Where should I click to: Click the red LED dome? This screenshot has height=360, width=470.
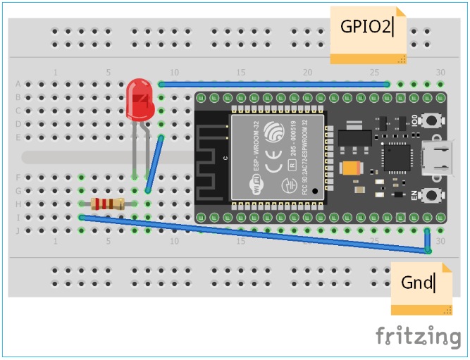(139, 99)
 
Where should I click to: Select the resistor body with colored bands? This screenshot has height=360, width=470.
(108, 204)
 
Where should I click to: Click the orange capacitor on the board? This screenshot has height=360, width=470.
(350, 168)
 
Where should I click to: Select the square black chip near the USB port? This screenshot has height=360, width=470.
(395, 157)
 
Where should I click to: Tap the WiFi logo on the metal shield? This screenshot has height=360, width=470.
(256, 185)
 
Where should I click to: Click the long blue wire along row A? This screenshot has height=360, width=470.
(275, 85)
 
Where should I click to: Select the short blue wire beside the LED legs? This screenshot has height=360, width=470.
(154, 164)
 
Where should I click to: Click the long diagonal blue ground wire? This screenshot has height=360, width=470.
(254, 234)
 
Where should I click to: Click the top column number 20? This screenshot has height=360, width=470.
(307, 73)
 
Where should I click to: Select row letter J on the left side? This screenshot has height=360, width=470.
(18, 231)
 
